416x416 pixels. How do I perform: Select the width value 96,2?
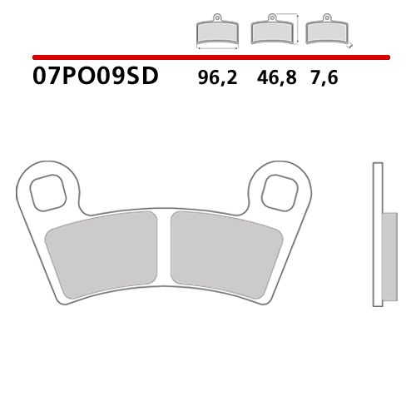(216, 80)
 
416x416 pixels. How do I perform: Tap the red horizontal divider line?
(208, 57)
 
